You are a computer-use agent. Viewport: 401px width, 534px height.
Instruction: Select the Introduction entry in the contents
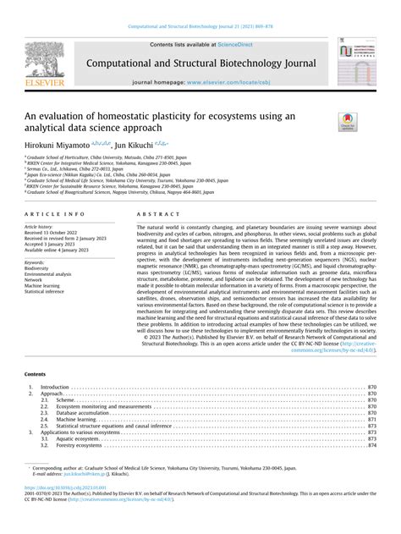(x=56, y=387)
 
